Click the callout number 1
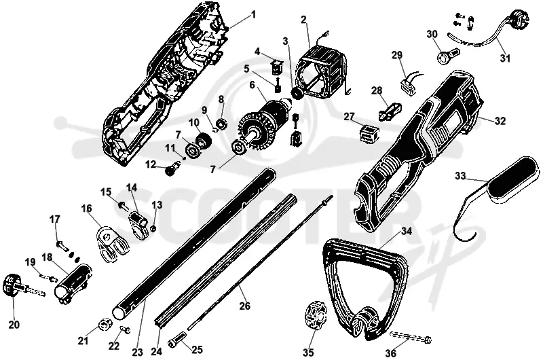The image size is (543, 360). click(253, 14)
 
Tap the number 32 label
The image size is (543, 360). click(500, 121)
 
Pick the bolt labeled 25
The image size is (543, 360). click(178, 338)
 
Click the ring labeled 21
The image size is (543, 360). click(103, 325)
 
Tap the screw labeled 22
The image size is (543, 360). click(125, 329)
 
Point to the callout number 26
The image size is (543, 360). click(244, 306)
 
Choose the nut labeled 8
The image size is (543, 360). click(221, 124)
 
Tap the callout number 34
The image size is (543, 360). click(407, 231)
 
